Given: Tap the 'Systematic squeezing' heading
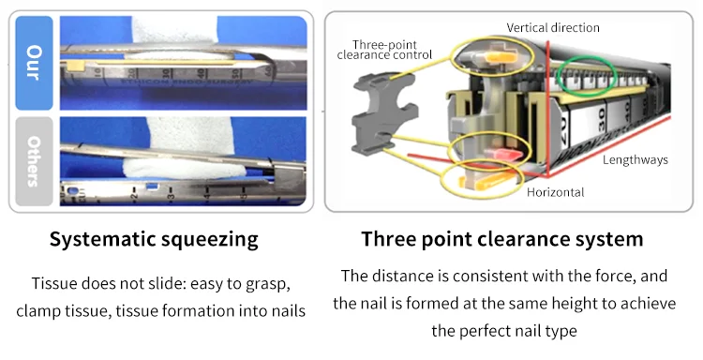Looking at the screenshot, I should [154, 239].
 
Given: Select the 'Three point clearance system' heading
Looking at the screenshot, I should [502, 239].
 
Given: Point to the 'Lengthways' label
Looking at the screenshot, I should [635, 160].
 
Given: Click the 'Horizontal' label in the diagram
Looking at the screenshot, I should [556, 192].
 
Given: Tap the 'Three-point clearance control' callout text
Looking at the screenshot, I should [377, 50].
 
